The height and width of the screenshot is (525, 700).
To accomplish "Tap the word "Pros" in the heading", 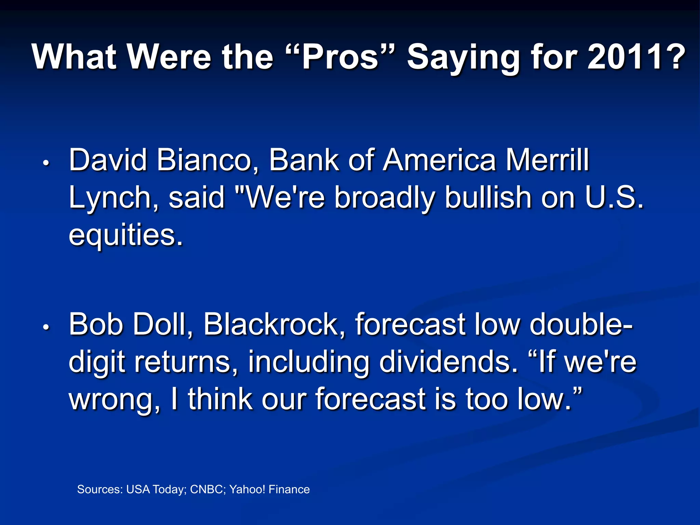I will click(340, 57).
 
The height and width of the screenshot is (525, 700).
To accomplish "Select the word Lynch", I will click(109, 198).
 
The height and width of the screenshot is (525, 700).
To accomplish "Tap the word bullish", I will click(488, 198).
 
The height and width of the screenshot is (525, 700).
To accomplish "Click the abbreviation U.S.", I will click(614, 198).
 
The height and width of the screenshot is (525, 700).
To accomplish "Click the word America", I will click(439, 160).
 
